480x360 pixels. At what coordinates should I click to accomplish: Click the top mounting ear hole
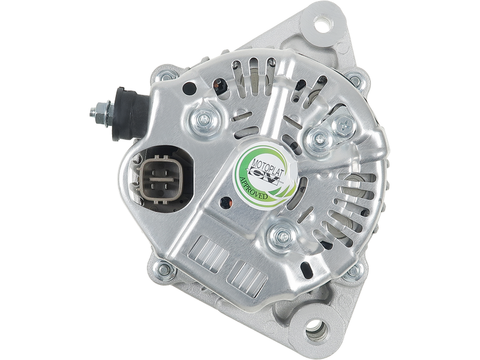point(322,23)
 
